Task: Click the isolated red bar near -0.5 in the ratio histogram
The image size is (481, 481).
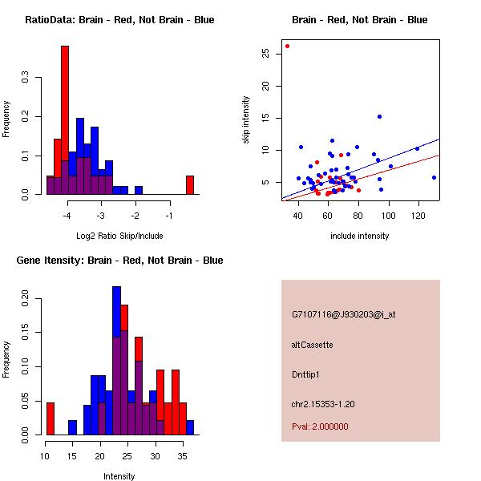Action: pyautogui.click(x=190, y=185)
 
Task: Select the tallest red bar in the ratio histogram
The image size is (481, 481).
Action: pyautogui.click(x=65, y=120)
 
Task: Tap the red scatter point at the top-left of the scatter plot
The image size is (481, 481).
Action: pyautogui.click(x=287, y=46)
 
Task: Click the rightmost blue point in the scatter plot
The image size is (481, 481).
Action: pyautogui.click(x=434, y=177)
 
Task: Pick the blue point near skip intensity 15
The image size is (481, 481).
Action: pyautogui.click(x=379, y=116)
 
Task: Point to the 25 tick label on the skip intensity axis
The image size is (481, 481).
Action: pyautogui.click(x=265, y=54)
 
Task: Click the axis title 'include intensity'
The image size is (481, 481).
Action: pyautogui.click(x=360, y=236)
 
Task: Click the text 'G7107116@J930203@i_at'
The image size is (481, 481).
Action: pyautogui.click(x=343, y=314)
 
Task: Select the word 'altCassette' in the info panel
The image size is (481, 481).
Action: pyautogui.click(x=312, y=345)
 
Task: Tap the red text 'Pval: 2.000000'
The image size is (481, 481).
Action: pyautogui.click(x=320, y=426)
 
